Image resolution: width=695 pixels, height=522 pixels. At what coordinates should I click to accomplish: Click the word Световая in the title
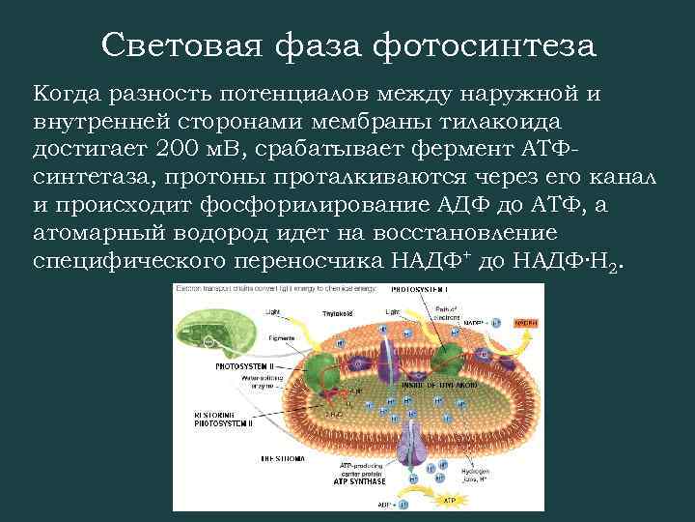pos(179,45)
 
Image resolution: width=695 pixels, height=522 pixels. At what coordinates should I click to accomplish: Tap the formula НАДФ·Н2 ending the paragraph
pos(574,261)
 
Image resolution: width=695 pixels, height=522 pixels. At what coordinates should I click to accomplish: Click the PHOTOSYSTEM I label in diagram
pos(425,290)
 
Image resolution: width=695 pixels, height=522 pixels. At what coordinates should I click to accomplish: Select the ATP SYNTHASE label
pos(360,480)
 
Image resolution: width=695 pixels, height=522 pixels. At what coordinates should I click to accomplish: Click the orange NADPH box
pos(525,321)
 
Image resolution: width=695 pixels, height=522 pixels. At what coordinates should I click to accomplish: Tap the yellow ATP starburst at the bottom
pos(449,501)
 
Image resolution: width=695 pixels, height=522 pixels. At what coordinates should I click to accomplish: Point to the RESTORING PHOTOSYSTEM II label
pos(223,418)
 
